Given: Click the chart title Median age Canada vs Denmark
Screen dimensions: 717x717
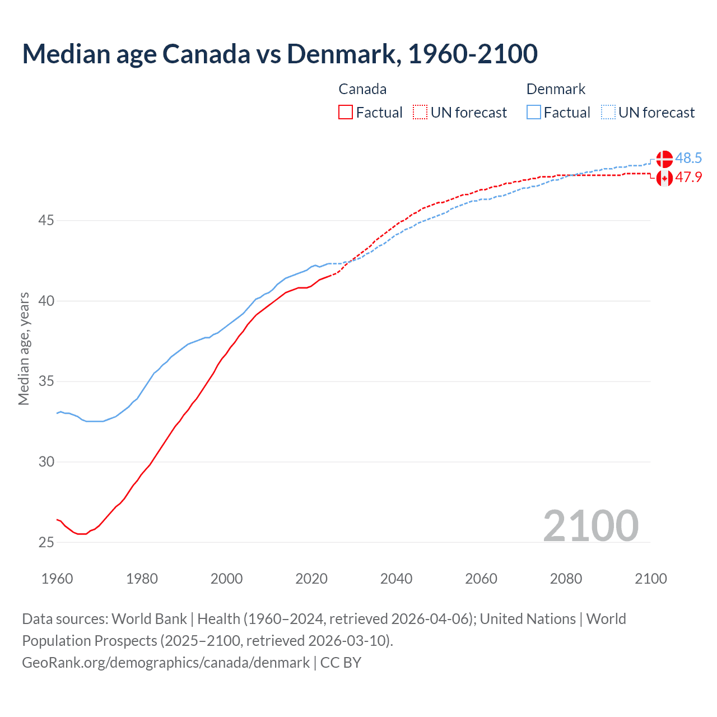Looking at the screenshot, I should (280, 54).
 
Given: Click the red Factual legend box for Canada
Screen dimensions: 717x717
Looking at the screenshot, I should (346, 112).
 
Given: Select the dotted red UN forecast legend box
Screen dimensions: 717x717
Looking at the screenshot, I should (420, 112).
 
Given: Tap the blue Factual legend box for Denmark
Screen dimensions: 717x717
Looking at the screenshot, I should (534, 112).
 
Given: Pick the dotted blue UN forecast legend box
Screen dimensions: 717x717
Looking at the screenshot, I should (608, 112).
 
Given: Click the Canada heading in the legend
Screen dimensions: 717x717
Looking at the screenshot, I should (362, 89).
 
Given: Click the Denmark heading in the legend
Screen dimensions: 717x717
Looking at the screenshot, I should (556, 89).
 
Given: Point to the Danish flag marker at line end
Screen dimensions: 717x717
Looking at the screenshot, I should (664, 159).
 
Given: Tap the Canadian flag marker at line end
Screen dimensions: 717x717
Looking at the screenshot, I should (664, 179).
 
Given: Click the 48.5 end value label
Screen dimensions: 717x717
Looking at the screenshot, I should (688, 158).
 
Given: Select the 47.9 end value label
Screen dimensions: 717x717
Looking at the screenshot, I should (688, 178).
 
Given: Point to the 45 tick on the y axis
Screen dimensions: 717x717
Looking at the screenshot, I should (46, 221).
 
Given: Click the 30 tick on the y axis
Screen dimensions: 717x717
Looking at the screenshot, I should (46, 462).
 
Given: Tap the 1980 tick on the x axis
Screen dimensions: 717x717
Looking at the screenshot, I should (142, 579).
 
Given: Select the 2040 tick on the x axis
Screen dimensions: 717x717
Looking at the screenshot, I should (396, 579).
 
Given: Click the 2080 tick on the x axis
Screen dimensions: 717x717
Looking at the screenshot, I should (566, 579).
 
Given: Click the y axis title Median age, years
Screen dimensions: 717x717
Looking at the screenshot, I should (24, 348).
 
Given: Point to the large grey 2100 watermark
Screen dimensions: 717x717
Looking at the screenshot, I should (591, 525).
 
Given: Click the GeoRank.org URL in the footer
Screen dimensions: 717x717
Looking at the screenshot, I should (166, 663).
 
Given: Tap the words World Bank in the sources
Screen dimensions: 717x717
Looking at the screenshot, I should (149, 619).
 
